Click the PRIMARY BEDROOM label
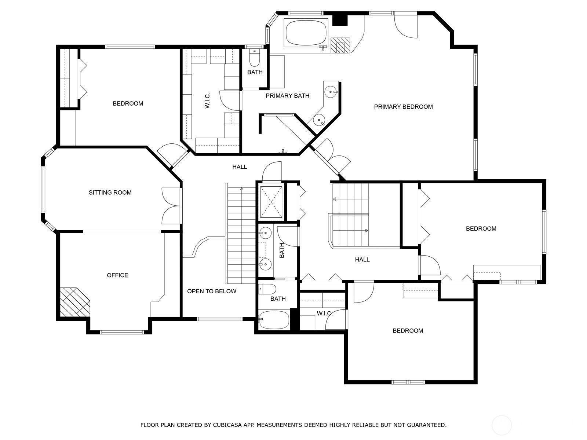[403, 107]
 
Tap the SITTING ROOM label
[110, 192]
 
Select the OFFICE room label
[117, 275]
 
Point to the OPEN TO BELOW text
[212, 291]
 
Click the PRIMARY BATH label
[288, 96]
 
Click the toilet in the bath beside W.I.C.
[254, 59]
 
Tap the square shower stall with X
[271, 202]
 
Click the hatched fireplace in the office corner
[74, 302]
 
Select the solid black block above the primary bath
[340, 20]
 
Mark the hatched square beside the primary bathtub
[340, 45]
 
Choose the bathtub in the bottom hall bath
[274, 320]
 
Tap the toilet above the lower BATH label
[268, 289]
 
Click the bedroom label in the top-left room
[128, 104]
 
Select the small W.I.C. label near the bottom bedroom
[325, 313]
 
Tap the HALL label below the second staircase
[362, 260]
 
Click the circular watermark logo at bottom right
[502, 425]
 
